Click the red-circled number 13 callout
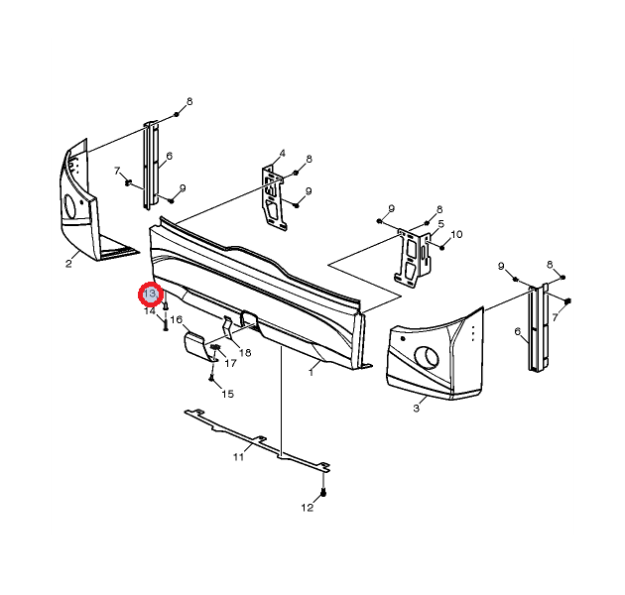click(x=151, y=295)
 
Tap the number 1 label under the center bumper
click(x=311, y=372)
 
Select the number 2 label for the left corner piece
click(x=68, y=264)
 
